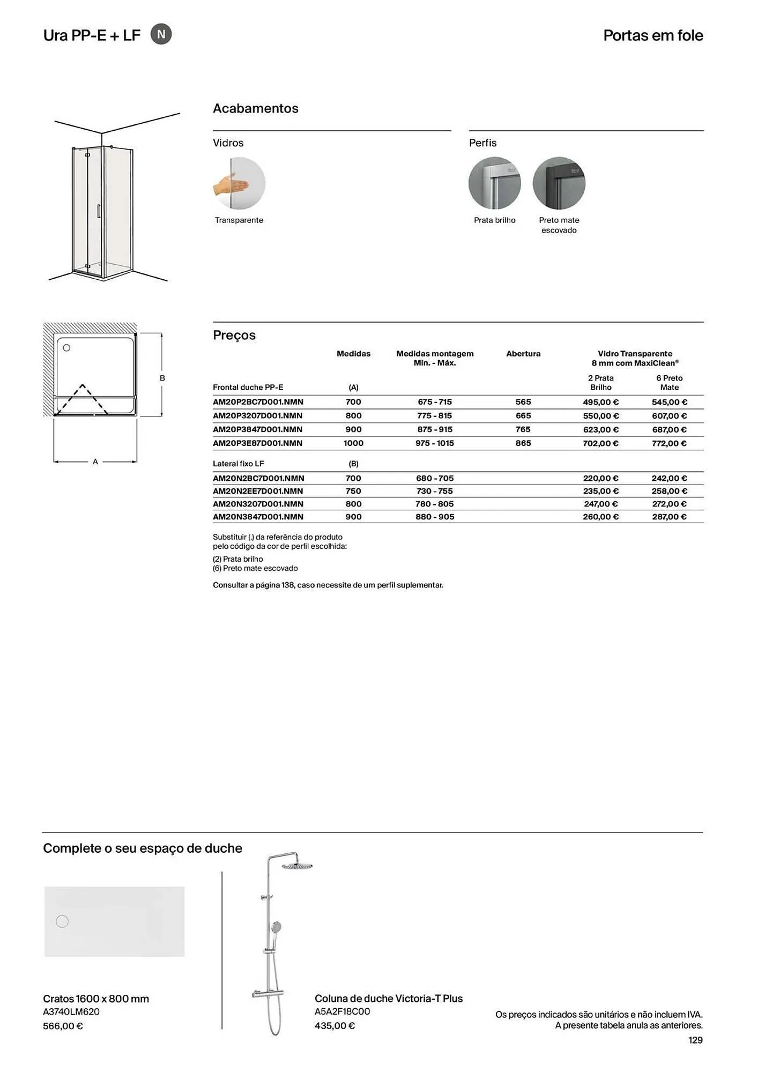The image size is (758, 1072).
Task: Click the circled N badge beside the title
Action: tap(161, 35)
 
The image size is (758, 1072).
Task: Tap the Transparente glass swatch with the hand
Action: tap(239, 183)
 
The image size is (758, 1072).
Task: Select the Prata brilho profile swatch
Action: tap(494, 183)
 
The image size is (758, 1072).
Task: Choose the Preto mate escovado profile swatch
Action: tap(559, 183)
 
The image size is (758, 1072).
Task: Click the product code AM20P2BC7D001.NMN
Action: tap(258, 402)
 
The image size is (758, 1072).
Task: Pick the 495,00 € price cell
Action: tap(600, 402)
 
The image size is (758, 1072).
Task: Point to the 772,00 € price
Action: tap(669, 443)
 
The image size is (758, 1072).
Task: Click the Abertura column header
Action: tap(523, 354)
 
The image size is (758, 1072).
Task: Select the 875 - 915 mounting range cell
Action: tap(435, 429)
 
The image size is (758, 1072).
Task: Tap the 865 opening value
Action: tap(523, 443)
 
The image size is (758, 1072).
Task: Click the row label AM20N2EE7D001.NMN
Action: tap(258, 491)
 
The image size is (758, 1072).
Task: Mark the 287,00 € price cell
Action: tap(669, 517)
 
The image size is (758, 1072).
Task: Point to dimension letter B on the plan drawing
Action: tap(162, 378)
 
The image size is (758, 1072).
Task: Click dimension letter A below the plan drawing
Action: tap(95, 461)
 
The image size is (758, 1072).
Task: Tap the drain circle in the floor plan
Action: tap(66, 348)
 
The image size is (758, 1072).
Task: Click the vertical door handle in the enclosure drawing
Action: tap(98, 211)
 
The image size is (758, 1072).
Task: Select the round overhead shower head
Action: tap(296, 866)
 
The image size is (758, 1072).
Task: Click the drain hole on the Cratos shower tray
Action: tap(62, 921)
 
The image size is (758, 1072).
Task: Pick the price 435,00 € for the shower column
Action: tap(335, 1025)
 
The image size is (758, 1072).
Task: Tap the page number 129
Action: tap(695, 1040)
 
